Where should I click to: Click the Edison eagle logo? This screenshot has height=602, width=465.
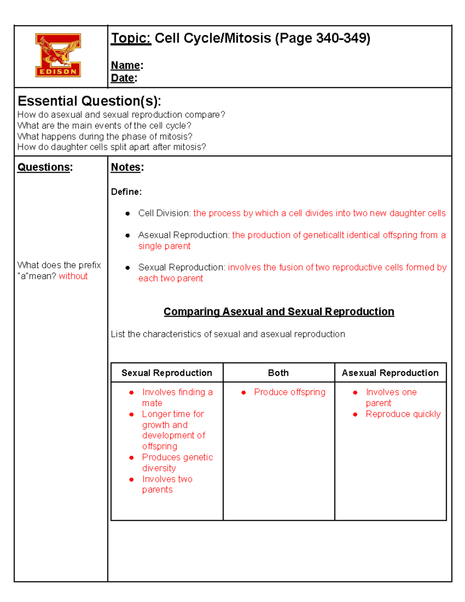click(x=58, y=55)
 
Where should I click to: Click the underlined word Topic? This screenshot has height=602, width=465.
click(x=131, y=38)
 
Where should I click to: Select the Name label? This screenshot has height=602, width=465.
click(x=126, y=65)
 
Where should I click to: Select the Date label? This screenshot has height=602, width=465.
click(x=122, y=78)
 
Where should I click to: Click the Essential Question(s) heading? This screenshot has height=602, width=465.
click(x=89, y=101)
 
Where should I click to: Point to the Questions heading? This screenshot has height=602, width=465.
click(x=44, y=167)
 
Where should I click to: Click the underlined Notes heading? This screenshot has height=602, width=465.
click(x=126, y=167)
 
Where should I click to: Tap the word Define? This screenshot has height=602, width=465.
click(x=126, y=192)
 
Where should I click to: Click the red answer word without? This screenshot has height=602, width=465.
click(x=73, y=276)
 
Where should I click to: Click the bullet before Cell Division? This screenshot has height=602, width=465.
click(x=127, y=214)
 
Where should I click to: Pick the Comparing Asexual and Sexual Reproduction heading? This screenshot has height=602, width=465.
click(x=279, y=312)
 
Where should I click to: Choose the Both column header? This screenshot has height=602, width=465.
click(x=278, y=373)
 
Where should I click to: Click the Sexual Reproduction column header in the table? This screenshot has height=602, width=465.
click(x=167, y=373)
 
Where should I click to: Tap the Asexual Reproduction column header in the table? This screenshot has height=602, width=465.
click(x=390, y=373)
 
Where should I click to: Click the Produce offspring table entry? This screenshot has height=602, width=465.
click(x=289, y=392)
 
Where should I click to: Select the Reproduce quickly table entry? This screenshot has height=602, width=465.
click(x=403, y=414)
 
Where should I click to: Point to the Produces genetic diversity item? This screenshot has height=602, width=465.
click(x=177, y=463)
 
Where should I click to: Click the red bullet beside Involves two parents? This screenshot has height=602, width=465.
click(x=132, y=480)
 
